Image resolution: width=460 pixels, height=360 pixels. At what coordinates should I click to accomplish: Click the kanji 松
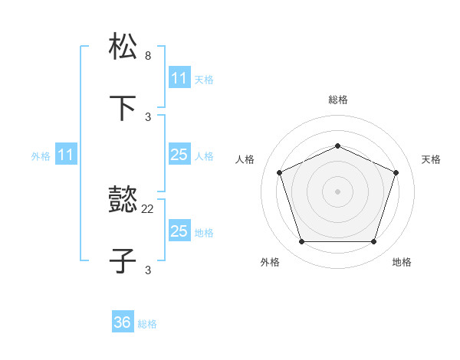coord(123,47)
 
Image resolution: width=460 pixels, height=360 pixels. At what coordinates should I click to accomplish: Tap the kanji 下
coord(123,109)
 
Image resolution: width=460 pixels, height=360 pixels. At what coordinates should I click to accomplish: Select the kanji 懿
coord(123,201)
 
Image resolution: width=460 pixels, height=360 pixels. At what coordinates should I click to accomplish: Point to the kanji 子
coord(123,262)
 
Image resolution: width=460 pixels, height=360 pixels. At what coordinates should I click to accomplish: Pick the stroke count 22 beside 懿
coord(148,208)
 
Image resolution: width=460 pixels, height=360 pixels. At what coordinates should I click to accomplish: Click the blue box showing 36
coord(123,322)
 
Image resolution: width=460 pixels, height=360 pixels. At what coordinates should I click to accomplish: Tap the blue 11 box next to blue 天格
coord(179,78)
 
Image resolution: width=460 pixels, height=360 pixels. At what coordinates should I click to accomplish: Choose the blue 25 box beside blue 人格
coord(179,155)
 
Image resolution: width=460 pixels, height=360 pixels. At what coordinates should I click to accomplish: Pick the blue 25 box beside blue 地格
coord(179,231)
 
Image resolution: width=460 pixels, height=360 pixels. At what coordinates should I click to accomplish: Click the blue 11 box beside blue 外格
coord(66,155)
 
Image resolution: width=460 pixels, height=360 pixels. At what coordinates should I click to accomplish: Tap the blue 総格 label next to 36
coord(147,324)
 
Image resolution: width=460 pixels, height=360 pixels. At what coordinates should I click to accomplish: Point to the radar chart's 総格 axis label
coord(337,100)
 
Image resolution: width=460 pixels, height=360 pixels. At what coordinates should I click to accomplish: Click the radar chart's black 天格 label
coord(431,159)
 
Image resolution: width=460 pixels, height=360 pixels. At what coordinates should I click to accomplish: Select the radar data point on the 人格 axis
coord(279,172)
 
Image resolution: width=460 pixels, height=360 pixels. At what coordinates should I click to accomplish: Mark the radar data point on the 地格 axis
coord(373,242)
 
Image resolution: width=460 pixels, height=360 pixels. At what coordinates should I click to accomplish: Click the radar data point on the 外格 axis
coord(301,242)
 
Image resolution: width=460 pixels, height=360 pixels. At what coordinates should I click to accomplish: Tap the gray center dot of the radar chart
coord(337,191)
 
